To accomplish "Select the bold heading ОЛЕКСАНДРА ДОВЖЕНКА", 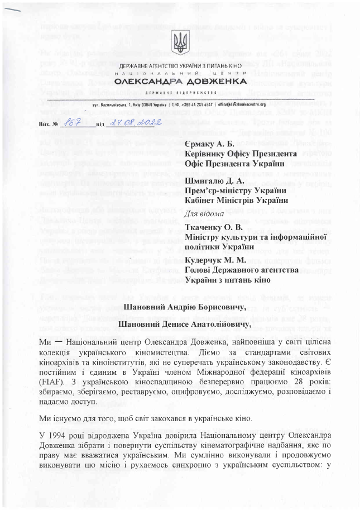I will (x=180, y=82).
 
